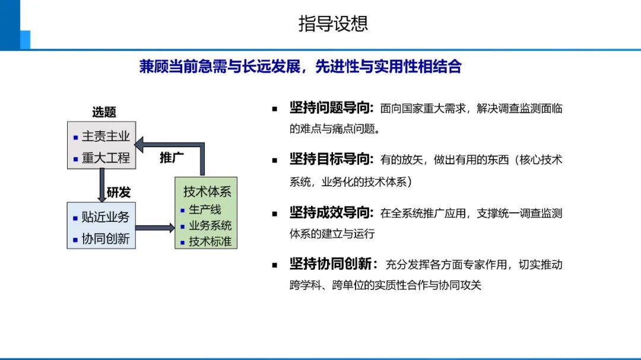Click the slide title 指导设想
[333, 24]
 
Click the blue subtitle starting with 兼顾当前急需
[300, 66]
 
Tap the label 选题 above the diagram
[104, 112]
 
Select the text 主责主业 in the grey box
[106, 136]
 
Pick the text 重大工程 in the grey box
[106, 158]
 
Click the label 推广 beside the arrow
[172, 158]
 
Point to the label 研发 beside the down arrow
[119, 192]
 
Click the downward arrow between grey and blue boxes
[101, 185]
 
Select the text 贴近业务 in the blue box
[106, 217]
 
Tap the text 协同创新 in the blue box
[106, 239]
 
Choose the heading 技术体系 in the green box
[207, 192]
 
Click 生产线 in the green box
[205, 209]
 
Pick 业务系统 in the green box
[210, 225]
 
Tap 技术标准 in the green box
[210, 241]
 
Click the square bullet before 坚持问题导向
[275, 109]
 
